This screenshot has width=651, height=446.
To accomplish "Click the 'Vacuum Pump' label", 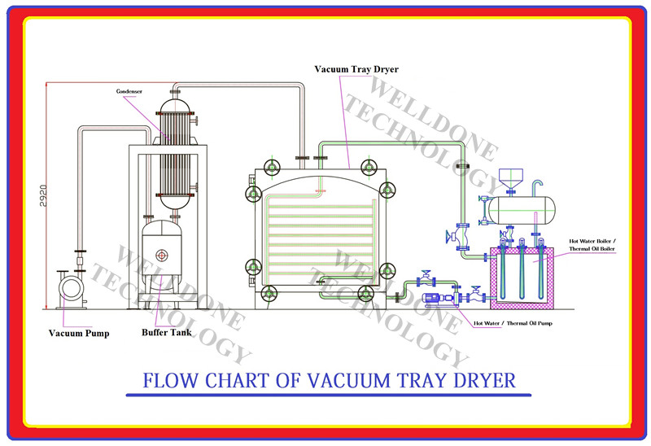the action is click(x=79, y=333).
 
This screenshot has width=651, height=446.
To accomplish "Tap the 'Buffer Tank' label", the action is click(x=167, y=332).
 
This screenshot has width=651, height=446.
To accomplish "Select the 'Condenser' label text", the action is click(x=129, y=91).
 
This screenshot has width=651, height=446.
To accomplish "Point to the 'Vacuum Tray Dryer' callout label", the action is click(x=356, y=69).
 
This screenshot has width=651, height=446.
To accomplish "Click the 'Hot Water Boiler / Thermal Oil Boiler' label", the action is click(x=592, y=245).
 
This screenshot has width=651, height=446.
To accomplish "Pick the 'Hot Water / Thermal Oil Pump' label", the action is click(x=513, y=323).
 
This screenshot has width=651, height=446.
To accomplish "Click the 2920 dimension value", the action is click(x=44, y=195).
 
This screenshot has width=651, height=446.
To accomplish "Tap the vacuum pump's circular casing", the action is click(x=72, y=288).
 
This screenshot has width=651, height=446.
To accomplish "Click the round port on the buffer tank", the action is click(x=161, y=256).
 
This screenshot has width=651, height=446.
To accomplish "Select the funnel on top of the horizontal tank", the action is click(x=511, y=178).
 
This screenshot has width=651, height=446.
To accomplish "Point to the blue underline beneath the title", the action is click(x=329, y=395).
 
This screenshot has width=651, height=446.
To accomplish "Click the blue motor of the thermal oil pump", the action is click(x=433, y=298).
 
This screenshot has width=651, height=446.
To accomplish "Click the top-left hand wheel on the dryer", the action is click(x=272, y=168).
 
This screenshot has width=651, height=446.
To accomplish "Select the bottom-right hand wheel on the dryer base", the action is click(x=365, y=294).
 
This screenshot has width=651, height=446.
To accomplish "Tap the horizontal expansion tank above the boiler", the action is click(x=522, y=211).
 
